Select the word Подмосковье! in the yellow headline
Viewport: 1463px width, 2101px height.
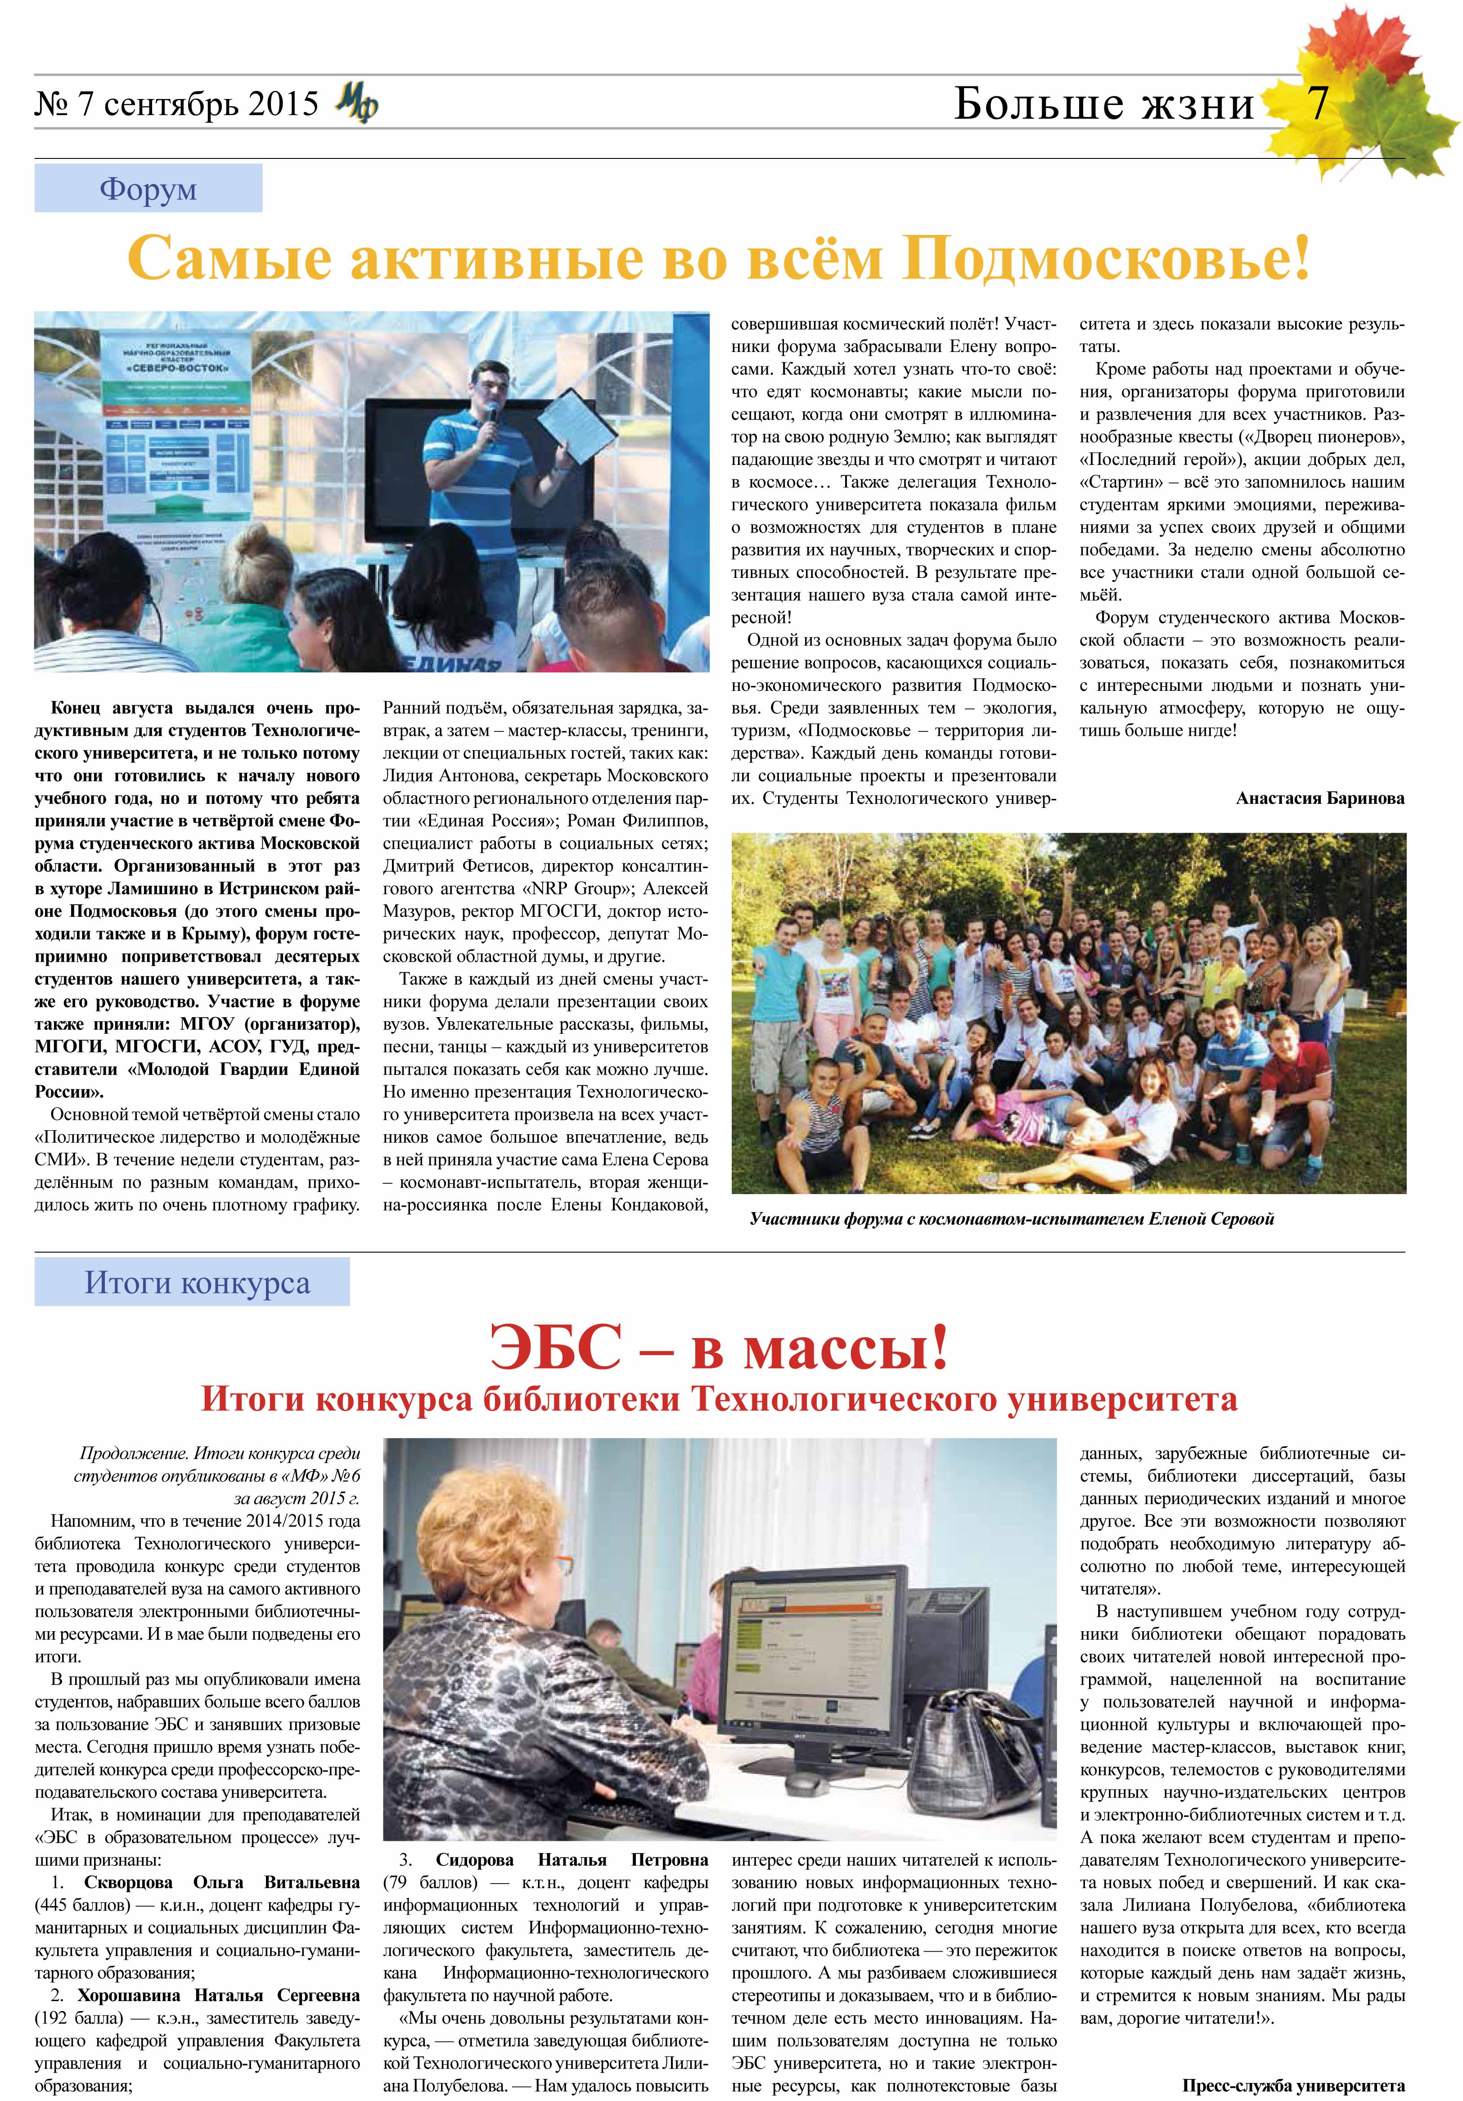tap(1105, 259)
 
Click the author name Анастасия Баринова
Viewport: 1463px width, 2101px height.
tap(1319, 798)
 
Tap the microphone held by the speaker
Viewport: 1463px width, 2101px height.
tap(491, 414)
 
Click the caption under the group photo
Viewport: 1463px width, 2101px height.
tap(1011, 1219)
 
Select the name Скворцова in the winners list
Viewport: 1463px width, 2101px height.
tap(135, 1882)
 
